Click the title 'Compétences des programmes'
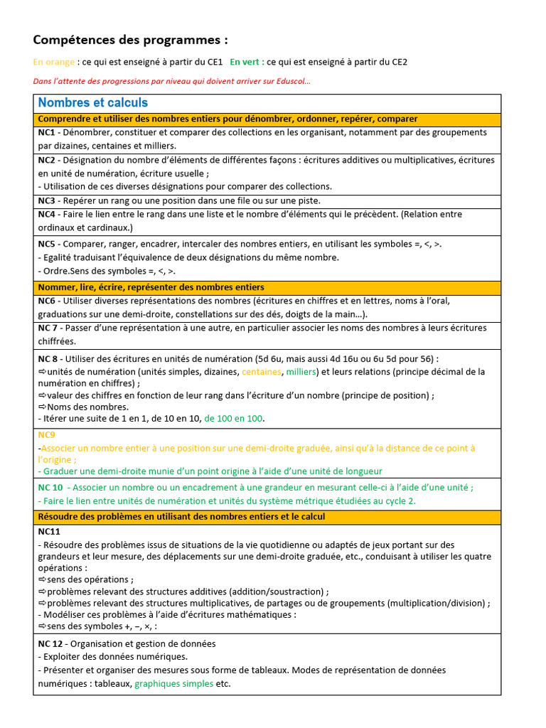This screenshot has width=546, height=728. pyautogui.click(x=131, y=40)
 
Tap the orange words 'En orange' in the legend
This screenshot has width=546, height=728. pyautogui.click(x=54, y=62)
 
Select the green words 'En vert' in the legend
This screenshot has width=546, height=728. pyautogui.click(x=247, y=62)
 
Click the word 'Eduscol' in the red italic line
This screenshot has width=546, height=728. pyautogui.click(x=288, y=81)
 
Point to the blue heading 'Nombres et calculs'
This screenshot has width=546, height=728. pyautogui.click(x=93, y=103)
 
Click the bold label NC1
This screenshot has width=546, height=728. pyautogui.click(x=46, y=132)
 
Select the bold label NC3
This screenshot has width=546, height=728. pyautogui.click(x=46, y=200)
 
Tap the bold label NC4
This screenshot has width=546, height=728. pyautogui.click(x=46, y=214)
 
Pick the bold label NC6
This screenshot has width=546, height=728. pyautogui.click(x=46, y=301)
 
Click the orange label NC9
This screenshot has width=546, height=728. pyautogui.click(x=46, y=434)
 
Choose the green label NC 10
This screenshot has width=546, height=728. pyautogui.click(x=50, y=487)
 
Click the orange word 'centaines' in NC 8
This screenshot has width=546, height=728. pyautogui.click(x=262, y=371)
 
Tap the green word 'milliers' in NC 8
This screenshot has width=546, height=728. pyautogui.click(x=301, y=371)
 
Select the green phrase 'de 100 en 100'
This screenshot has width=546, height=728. pyautogui.click(x=233, y=419)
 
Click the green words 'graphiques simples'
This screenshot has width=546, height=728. pyautogui.click(x=173, y=683)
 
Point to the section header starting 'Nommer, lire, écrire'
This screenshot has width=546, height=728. pyautogui.click(x=151, y=287)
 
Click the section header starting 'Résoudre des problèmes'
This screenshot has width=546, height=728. pyautogui.click(x=181, y=516)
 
